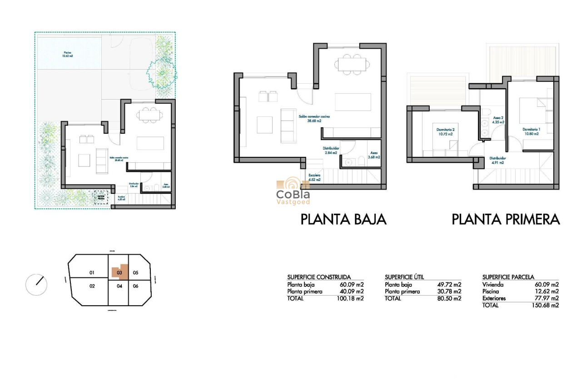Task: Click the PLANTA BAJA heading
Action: pos(343,220)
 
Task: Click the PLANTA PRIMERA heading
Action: pos(506,220)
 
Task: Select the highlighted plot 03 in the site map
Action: pos(119,272)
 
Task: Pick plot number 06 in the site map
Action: pos(135,286)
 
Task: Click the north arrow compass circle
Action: pos(36,285)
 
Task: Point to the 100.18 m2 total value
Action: pos(351,299)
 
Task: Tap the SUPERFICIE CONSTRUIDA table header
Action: pos(319,277)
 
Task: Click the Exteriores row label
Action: pos(494,298)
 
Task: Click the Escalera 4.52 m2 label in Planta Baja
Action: pos(314,177)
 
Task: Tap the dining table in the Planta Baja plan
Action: pos(351,64)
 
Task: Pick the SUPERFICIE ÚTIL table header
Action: pos(404,277)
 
